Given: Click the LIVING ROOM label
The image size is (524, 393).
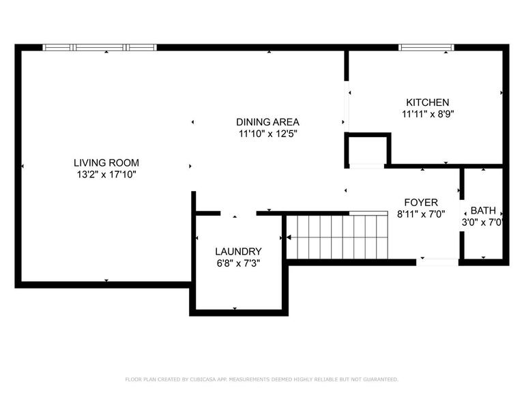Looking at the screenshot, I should [x=106, y=162].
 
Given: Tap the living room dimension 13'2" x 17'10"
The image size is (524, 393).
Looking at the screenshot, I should [x=106, y=175].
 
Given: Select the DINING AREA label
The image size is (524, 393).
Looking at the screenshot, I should [x=268, y=122].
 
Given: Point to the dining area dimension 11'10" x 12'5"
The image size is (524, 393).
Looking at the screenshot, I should [x=268, y=134].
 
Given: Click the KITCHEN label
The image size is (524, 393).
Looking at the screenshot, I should [x=427, y=102].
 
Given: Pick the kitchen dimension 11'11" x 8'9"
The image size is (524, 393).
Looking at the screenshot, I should [x=427, y=114].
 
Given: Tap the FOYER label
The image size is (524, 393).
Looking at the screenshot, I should [x=421, y=202].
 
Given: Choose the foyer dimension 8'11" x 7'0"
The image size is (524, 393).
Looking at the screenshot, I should [x=421, y=214].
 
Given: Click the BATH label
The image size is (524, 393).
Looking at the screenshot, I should [x=483, y=211].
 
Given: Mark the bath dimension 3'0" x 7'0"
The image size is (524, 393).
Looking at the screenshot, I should [x=483, y=222].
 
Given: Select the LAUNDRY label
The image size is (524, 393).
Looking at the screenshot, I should [x=238, y=250].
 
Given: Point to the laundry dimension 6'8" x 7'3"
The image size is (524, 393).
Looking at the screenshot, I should [x=238, y=263].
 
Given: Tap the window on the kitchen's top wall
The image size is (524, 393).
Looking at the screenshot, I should [x=426, y=48].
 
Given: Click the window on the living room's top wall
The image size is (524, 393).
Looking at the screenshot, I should [x=100, y=48].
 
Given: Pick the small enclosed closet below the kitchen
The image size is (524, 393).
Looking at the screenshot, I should [x=367, y=150].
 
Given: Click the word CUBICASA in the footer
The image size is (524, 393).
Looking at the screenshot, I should [x=214, y=379].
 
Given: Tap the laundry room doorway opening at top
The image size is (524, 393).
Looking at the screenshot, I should [x=238, y=213].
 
